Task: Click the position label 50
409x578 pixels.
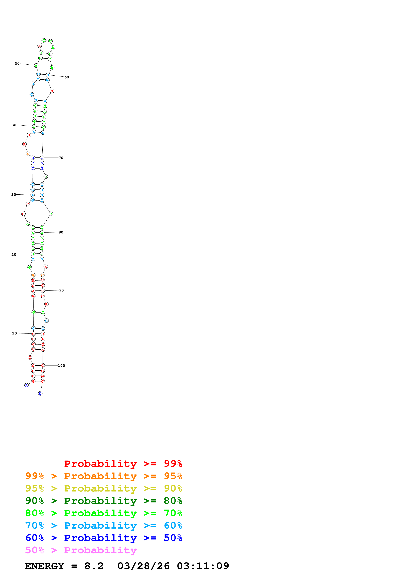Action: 17,63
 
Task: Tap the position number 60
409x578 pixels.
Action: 67,77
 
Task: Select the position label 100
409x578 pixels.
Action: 62,365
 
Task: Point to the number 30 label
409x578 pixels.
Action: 14,195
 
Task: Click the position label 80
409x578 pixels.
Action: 61,232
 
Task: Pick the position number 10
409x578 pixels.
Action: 14,333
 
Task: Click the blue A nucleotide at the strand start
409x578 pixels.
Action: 26,385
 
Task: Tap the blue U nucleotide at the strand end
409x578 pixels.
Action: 40,393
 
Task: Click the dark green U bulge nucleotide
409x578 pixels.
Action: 46,177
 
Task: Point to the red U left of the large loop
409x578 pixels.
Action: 23,214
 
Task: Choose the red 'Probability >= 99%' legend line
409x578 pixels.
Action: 123,464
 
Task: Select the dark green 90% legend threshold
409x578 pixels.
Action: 34,501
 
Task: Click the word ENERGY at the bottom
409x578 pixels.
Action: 44,566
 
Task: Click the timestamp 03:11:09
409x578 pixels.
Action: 203,566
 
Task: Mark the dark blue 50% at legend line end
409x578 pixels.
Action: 173,538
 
